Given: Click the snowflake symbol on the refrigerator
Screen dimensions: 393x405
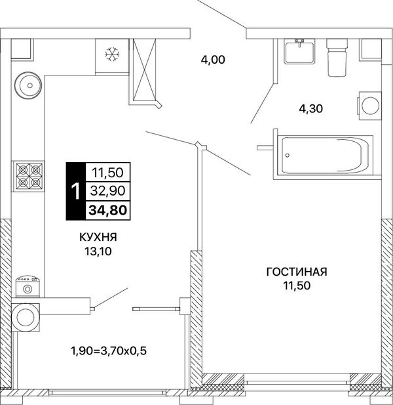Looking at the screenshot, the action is (x=113, y=54).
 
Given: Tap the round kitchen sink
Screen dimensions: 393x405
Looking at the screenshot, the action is (x=28, y=85).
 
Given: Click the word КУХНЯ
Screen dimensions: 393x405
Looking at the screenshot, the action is (x=98, y=237).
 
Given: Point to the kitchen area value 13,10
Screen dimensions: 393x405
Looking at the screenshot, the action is (x=98, y=251).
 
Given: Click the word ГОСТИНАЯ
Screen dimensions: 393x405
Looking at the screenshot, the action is (x=297, y=272).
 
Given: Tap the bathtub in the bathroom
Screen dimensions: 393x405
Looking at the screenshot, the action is (x=323, y=155).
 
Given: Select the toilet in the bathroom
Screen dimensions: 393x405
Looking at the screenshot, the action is (x=337, y=57).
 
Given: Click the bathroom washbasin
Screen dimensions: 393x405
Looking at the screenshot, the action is (x=300, y=51).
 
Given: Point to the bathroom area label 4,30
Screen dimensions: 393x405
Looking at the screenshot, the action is (x=310, y=108).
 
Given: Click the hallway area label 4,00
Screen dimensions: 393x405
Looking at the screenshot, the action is (x=213, y=60).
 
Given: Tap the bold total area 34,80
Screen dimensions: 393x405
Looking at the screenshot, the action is (x=108, y=210).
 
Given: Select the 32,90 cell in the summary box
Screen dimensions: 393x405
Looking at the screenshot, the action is (x=107, y=191).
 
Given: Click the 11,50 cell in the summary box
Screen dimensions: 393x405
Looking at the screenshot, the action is (x=107, y=173).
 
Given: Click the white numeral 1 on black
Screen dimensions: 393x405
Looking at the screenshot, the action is (x=76, y=191).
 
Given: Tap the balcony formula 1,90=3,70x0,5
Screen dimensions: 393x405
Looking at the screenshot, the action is (x=109, y=351).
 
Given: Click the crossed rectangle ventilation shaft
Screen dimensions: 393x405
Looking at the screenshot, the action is (x=145, y=70).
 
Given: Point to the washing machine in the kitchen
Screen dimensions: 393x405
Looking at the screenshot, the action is (x=28, y=287).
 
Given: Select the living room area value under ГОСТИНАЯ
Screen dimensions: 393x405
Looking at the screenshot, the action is (x=297, y=286).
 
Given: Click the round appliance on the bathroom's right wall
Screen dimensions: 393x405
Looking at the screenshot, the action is (x=370, y=106).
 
